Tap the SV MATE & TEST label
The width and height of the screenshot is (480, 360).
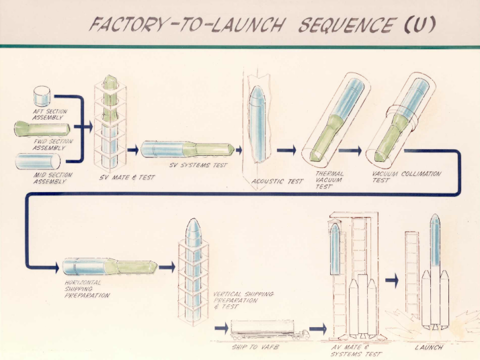click(132, 178)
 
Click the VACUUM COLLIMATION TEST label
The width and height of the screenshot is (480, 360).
click(406, 177)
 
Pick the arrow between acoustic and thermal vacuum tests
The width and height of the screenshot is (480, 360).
click(286, 150)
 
